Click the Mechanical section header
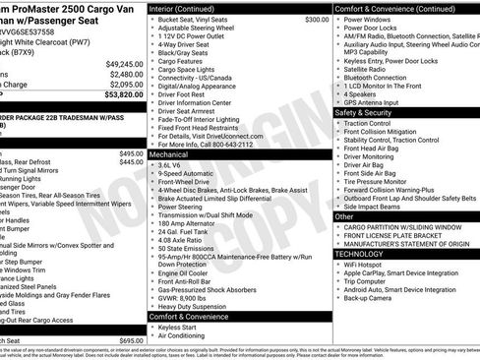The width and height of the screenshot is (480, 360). pos(168,155)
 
